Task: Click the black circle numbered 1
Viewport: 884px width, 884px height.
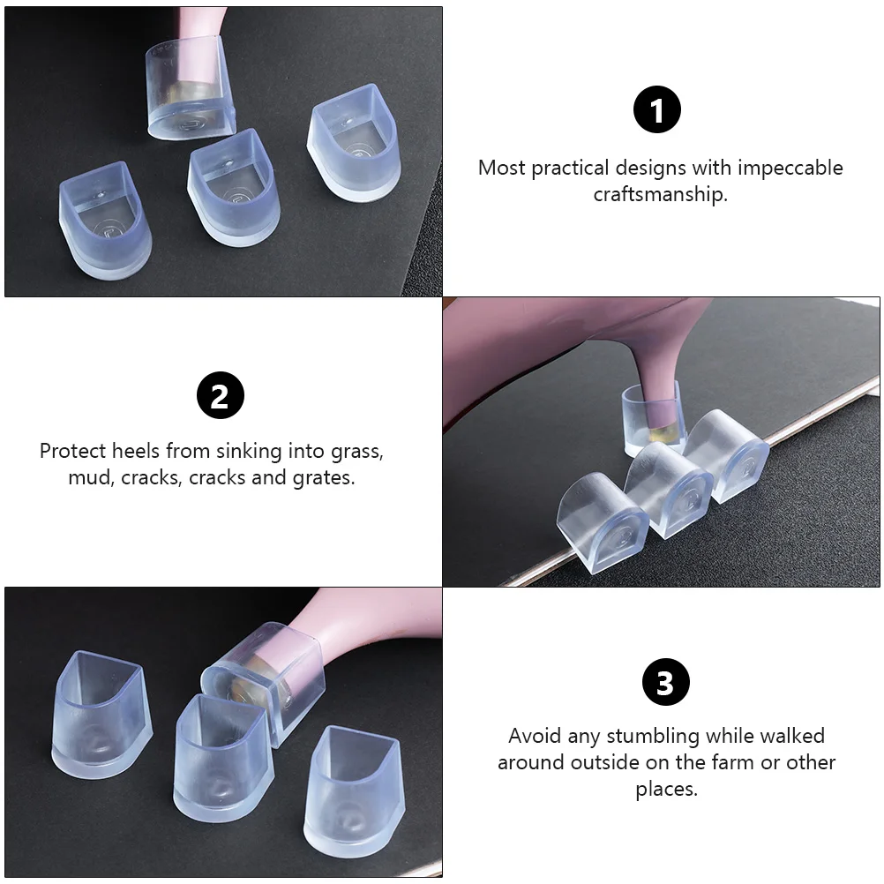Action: (657, 111)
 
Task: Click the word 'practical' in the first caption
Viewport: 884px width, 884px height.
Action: (569, 168)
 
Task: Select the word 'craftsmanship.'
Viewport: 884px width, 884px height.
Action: (660, 194)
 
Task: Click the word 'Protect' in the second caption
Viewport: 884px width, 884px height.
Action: (72, 451)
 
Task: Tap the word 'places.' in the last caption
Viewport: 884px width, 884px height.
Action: (666, 789)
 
